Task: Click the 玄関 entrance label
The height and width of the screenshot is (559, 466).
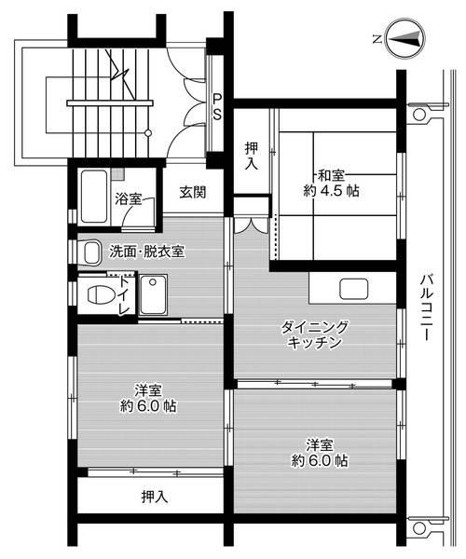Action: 193,193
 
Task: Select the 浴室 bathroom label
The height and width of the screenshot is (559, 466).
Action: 129,198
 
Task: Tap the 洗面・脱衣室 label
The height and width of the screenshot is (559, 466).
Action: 146,251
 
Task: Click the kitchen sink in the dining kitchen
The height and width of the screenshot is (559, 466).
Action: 353,288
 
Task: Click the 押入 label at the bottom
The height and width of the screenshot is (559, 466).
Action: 155,496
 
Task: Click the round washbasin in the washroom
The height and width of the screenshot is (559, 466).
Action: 90,252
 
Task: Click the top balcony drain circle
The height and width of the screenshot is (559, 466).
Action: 418,115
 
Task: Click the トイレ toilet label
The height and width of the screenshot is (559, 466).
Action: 124,294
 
